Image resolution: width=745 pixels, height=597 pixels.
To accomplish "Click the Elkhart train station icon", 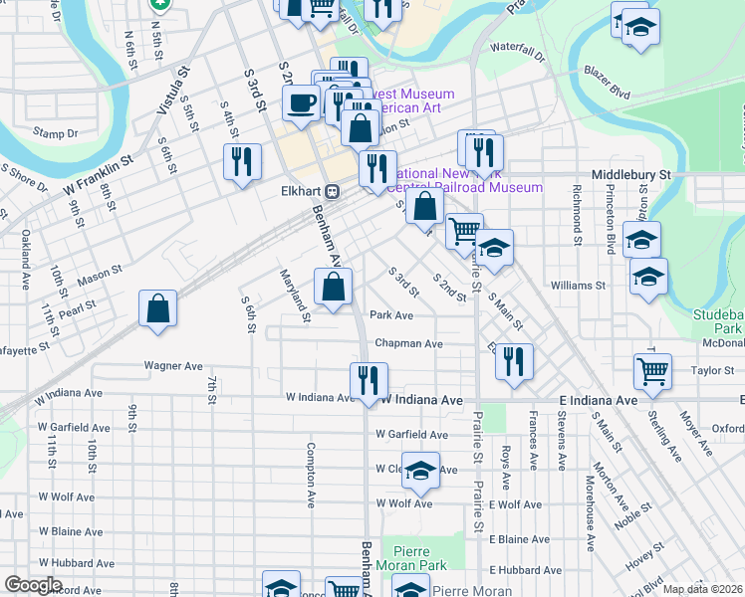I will click(x=334, y=191).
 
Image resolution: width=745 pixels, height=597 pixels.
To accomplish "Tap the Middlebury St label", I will click(x=631, y=174).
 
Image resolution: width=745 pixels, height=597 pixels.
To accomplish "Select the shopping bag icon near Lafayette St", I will click(x=158, y=308).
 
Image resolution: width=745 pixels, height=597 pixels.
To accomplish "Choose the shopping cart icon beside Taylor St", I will click(x=652, y=371).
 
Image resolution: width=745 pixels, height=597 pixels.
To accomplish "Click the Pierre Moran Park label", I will click(x=418, y=557).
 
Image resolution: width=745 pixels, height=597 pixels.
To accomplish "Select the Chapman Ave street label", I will click(x=408, y=344).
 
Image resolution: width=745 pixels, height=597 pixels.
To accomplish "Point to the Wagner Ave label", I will click(x=173, y=365).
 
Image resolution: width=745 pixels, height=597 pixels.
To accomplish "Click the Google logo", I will click(x=33, y=584).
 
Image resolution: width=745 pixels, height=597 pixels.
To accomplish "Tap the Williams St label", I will click(x=577, y=285).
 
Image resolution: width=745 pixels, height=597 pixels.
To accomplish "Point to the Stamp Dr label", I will click(x=56, y=133).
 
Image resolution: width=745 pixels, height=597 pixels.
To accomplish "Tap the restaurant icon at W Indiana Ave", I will click(x=368, y=380).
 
